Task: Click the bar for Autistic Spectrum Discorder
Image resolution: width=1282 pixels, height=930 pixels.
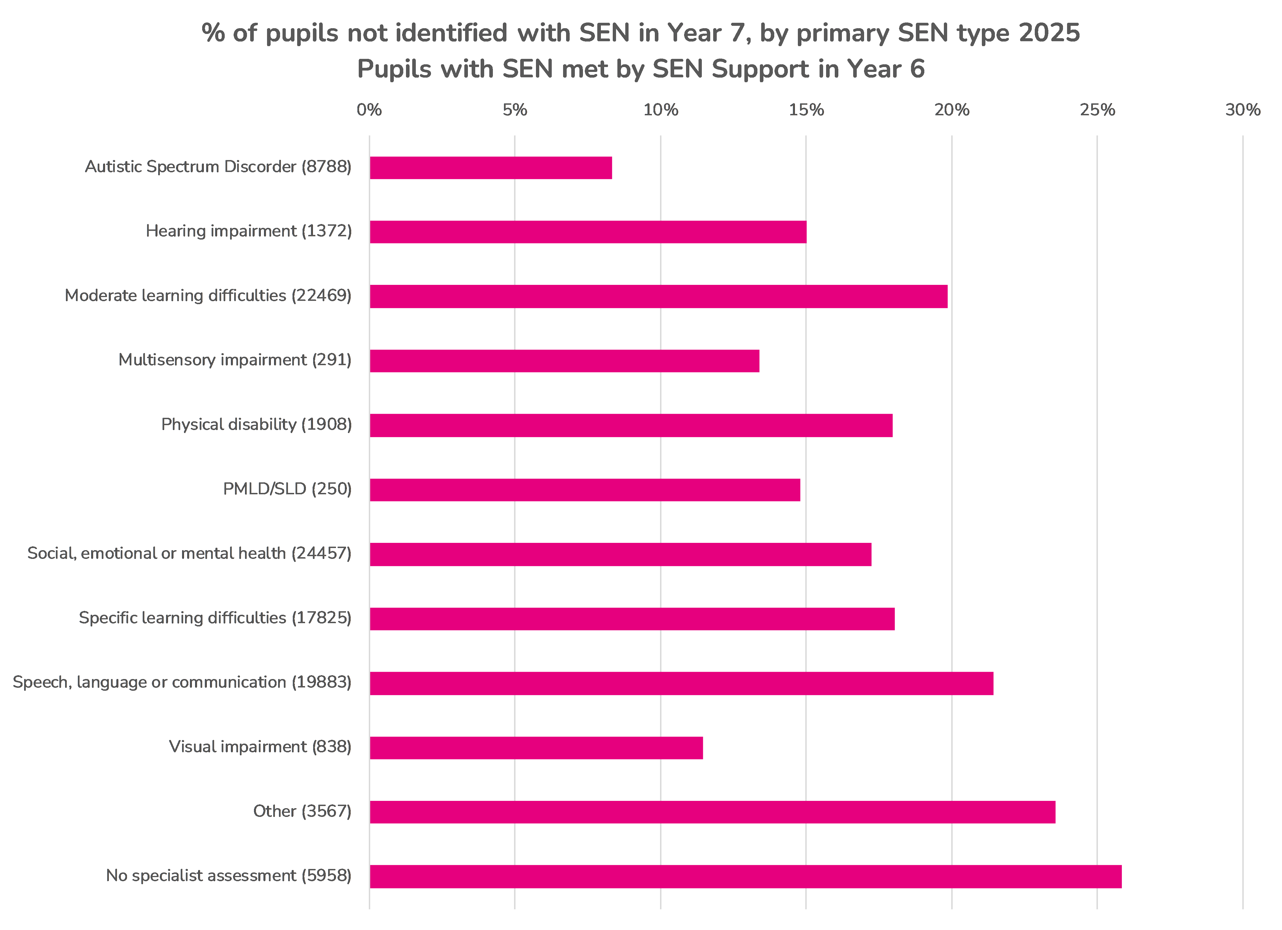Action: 491,168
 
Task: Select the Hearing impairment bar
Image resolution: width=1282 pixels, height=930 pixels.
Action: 588,232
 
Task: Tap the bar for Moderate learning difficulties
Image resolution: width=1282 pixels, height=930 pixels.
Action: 659,297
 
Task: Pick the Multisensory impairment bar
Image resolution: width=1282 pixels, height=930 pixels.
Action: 564,361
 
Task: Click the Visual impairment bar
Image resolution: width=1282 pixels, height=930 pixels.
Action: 536,748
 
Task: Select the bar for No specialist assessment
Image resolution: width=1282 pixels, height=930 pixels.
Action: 745,876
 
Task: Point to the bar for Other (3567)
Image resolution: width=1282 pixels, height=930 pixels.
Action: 712,812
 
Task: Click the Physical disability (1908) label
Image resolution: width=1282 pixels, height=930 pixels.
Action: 256,424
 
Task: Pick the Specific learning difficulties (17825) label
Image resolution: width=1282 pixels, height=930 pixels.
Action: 215,617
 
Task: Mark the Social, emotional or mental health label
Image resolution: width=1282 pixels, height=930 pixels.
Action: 189,553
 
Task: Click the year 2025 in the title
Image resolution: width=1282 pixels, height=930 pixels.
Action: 1049,33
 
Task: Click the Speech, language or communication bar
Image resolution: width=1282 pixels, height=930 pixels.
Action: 681,684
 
